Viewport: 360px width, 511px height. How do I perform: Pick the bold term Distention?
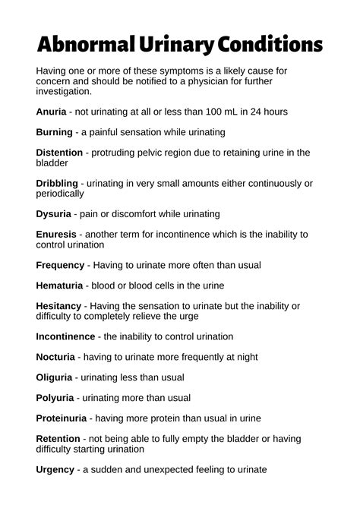click(59, 153)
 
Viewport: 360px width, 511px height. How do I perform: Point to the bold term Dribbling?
click(57, 183)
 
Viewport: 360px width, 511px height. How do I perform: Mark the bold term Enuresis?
click(56, 235)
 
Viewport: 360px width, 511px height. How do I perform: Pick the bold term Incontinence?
click(66, 336)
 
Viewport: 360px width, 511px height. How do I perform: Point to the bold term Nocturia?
click(55, 357)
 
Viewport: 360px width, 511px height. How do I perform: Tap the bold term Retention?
click(58, 439)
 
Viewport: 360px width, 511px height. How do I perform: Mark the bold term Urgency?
click(55, 469)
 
